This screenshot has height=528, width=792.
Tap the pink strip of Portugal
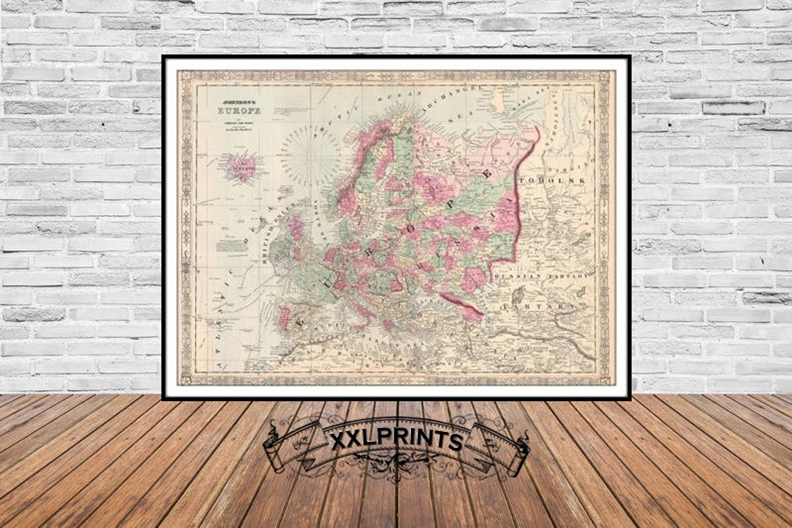284,318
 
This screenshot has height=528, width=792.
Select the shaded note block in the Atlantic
232,246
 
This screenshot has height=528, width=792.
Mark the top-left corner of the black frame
164,57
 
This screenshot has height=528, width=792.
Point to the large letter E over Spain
301,320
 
